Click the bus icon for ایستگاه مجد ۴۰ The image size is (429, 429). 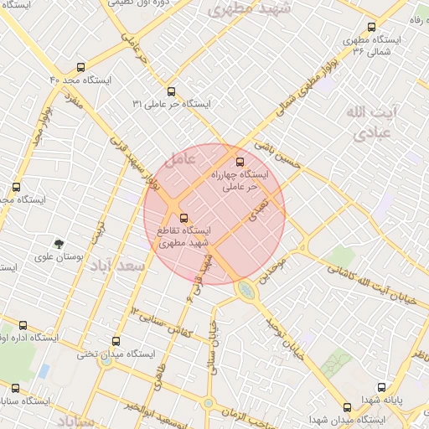pyautogui.click(x=80, y=66)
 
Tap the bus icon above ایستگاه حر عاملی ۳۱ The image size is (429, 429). pyautogui.click(x=171, y=91)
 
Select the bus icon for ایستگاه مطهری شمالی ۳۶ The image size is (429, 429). pyautogui.click(x=370, y=28)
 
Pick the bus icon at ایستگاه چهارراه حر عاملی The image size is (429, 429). pyautogui.click(x=241, y=161)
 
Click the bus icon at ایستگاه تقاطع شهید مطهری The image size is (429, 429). pyautogui.click(x=184, y=219)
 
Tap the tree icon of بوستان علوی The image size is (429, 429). pyautogui.click(x=59, y=244)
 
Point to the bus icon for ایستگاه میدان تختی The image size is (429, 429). pyautogui.click(x=116, y=341)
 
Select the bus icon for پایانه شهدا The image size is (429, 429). pyautogui.click(x=382, y=388)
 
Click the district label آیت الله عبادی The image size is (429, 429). pyautogui.click(x=368, y=122)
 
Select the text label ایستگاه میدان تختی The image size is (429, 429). pyautogui.click(x=117, y=354)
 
